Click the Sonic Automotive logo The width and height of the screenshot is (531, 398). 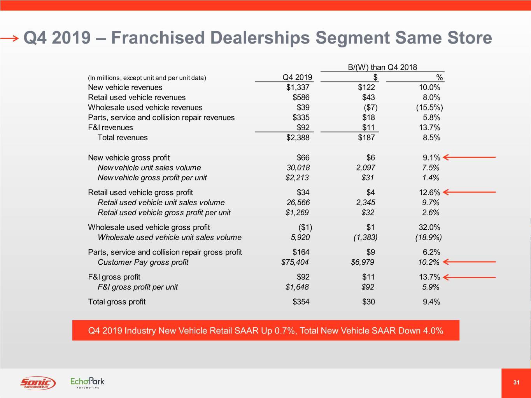[x=38, y=383]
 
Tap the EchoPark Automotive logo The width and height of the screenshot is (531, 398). [x=88, y=382]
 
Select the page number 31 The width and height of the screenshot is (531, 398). [x=516, y=382]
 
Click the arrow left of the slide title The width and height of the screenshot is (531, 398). [x=9, y=38]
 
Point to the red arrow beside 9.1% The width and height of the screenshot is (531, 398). [x=469, y=157]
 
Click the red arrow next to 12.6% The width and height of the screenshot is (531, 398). [x=469, y=192]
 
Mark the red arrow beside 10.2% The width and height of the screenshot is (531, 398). [x=469, y=262]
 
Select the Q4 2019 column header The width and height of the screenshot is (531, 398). [x=297, y=77]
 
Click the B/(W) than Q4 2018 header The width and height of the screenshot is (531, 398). [x=382, y=67]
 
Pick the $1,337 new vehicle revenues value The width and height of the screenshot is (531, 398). [x=298, y=87]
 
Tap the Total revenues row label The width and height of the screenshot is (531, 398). [x=123, y=138]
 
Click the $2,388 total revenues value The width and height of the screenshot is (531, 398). [x=298, y=138]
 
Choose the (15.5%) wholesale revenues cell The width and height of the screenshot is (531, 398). [x=429, y=108]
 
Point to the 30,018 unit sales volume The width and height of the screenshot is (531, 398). [x=298, y=168]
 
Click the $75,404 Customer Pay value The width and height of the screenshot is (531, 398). [x=295, y=262]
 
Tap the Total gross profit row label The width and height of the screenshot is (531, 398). [x=117, y=302]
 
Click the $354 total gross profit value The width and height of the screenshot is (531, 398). [x=301, y=302]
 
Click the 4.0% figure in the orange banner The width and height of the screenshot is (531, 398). [x=433, y=331]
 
